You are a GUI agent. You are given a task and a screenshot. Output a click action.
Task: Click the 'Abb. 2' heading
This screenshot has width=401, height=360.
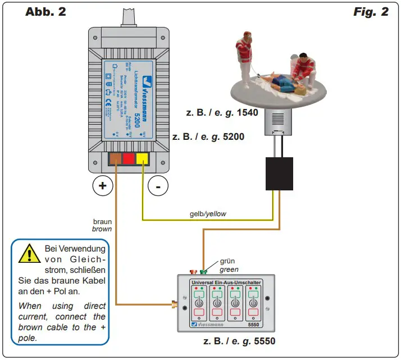tap(45, 12)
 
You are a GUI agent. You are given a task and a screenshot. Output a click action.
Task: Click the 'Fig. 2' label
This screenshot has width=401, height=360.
tap(371, 12)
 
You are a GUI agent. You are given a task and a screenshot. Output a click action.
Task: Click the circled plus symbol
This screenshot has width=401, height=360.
tap(102, 186)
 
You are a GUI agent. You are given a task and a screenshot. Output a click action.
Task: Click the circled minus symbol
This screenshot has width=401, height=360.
tap(159, 186)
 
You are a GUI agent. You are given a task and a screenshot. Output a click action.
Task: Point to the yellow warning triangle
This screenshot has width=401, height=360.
tap(26, 254)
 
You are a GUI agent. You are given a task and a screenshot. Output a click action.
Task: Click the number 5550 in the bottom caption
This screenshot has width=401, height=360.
tap(263, 341)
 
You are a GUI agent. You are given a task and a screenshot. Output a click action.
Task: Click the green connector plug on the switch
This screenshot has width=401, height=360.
tap(203, 272)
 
